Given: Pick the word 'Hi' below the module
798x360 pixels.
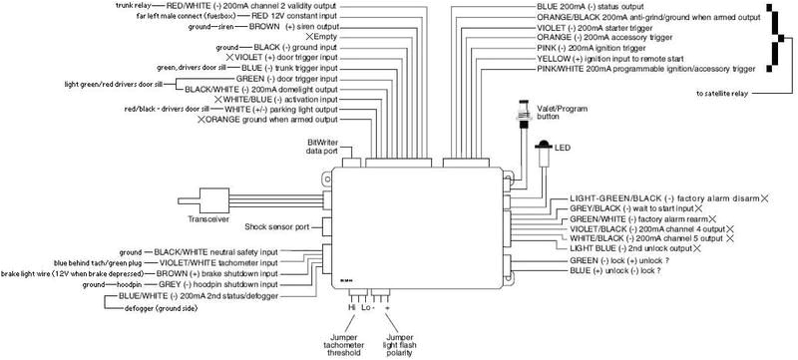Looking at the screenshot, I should (x=351, y=309).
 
